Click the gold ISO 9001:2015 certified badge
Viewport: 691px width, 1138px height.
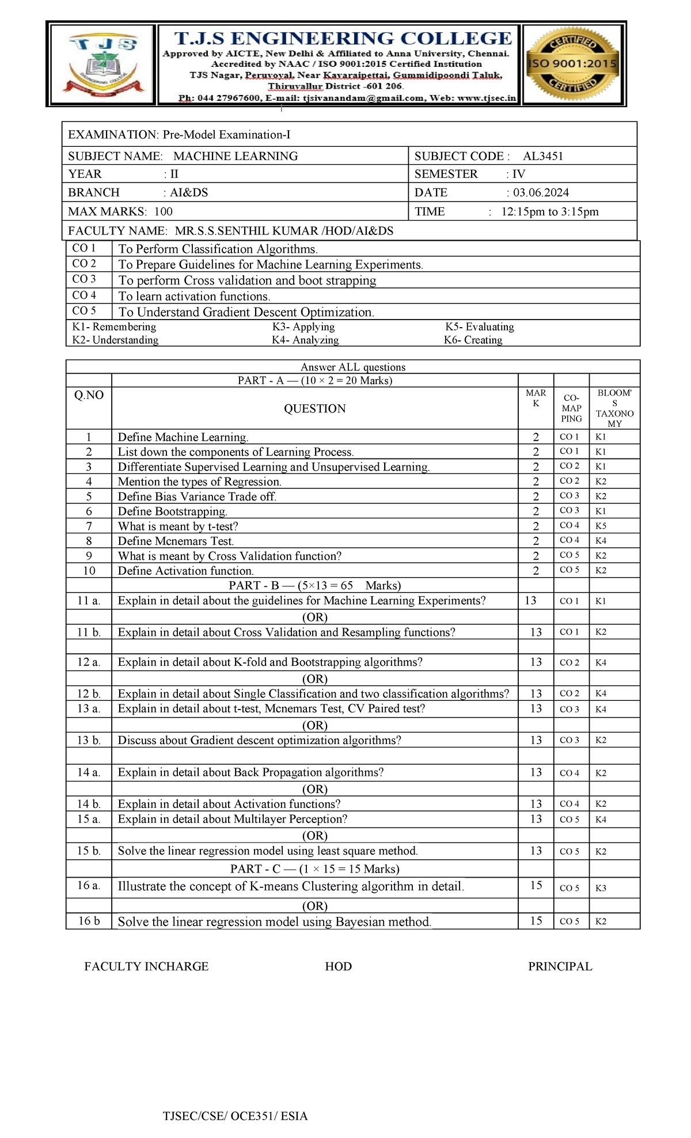click(572, 64)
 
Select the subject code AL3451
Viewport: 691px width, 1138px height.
click(542, 156)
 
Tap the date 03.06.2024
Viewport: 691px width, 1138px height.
click(541, 192)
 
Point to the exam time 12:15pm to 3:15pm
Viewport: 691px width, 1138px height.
click(549, 211)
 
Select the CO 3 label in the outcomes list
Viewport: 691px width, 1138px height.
click(84, 279)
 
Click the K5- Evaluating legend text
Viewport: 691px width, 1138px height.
click(479, 327)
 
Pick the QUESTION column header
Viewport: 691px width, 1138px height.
click(314, 408)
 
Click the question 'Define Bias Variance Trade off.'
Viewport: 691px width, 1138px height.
click(197, 496)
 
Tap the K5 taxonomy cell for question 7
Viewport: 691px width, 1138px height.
click(601, 526)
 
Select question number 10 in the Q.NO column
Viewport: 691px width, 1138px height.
click(89, 571)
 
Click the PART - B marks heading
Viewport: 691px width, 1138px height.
click(314, 586)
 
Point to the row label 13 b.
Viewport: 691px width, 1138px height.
click(89, 740)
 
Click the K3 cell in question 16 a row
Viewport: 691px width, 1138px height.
click(601, 888)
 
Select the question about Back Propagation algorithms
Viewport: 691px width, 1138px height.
click(250, 772)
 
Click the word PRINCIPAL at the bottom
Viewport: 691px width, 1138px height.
click(560, 966)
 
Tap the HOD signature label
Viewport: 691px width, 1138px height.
click(338, 966)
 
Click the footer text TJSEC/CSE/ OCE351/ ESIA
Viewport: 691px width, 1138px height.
click(235, 1116)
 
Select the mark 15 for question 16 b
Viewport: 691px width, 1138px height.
click(536, 921)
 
